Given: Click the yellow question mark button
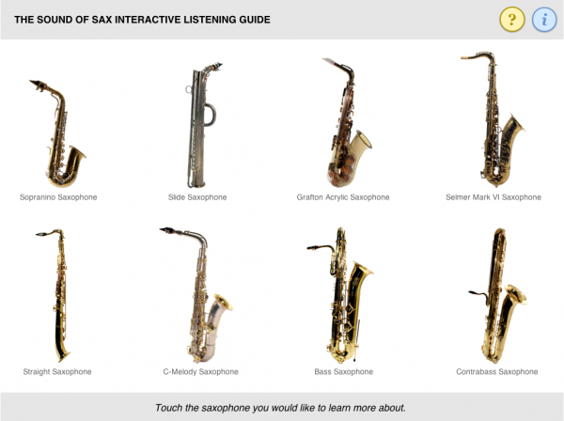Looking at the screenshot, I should point(511,19).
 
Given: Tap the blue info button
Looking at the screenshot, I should point(544,19).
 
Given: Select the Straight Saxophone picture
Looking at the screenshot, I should point(58,296).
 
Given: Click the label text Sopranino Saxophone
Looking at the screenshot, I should point(58,197).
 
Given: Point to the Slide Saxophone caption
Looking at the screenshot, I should point(197,197).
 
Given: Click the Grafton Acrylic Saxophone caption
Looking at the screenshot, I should point(343,197).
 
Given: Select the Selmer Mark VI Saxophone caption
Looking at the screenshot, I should point(493,197).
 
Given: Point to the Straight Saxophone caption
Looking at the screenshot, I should point(57,371).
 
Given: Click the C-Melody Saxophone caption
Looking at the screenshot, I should point(200,371).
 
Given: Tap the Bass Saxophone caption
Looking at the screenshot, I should point(343,371).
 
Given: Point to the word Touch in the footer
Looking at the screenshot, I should point(172,407).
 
